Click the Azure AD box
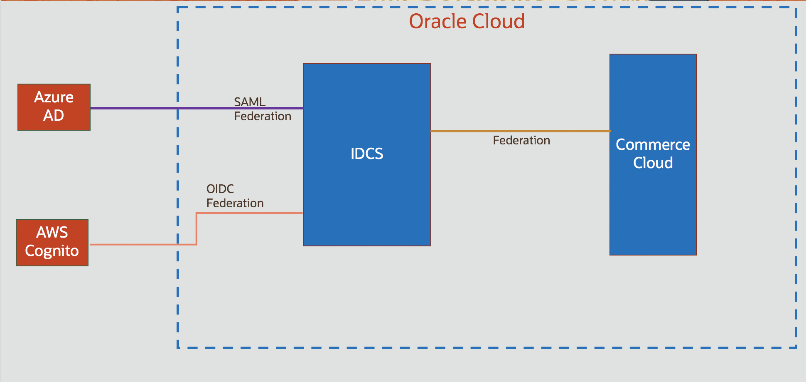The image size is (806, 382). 54,107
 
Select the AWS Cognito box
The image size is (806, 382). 52,242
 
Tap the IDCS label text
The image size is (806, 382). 367,154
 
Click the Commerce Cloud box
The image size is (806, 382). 653,200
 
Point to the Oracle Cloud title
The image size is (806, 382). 467,21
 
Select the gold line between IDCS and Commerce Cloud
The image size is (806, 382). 519,131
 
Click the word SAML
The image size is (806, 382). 249,102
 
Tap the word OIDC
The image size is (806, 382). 220,189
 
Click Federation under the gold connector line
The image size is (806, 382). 521,141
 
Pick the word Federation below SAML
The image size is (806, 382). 263,116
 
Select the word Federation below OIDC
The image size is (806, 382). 235,203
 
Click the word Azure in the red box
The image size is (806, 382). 54,97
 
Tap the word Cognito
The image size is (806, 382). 52,251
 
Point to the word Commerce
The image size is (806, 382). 653,144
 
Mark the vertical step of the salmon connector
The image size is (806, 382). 197,229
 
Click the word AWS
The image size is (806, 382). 52,232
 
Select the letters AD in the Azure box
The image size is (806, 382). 54,115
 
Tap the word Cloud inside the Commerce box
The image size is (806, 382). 653,163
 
